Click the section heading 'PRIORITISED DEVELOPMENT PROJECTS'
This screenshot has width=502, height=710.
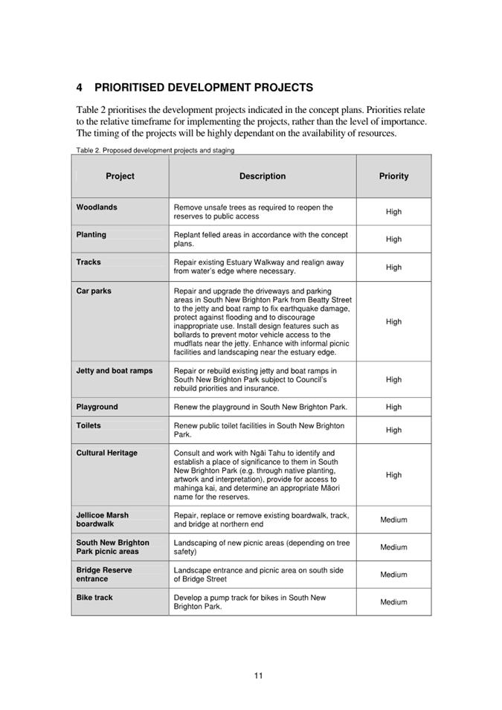click(x=203, y=88)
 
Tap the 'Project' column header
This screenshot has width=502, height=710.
click(x=120, y=176)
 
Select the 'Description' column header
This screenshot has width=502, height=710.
click(x=263, y=176)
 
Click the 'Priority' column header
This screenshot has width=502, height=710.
click(x=393, y=176)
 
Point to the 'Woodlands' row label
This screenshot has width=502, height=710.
click(x=97, y=207)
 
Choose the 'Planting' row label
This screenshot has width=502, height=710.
click(x=91, y=235)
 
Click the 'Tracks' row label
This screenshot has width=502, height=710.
click(x=89, y=262)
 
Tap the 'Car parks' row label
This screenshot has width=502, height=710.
click(x=94, y=291)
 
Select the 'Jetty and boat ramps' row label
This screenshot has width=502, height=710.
click(x=115, y=370)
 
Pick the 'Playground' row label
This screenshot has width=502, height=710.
click(x=97, y=407)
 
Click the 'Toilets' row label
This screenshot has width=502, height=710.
click(x=89, y=426)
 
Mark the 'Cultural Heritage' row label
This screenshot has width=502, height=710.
click(x=107, y=453)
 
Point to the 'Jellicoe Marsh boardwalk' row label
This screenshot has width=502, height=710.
click(x=103, y=520)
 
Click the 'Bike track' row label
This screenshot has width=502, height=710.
click(x=95, y=598)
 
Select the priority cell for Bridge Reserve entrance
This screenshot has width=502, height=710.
click(x=393, y=575)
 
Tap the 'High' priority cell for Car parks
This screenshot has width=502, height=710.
click(x=393, y=322)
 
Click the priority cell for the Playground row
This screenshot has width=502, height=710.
click(x=393, y=407)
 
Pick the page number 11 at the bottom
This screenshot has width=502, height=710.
click(x=258, y=676)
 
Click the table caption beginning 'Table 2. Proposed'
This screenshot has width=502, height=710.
click(x=155, y=150)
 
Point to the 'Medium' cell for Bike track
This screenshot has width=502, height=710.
click(x=393, y=602)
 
